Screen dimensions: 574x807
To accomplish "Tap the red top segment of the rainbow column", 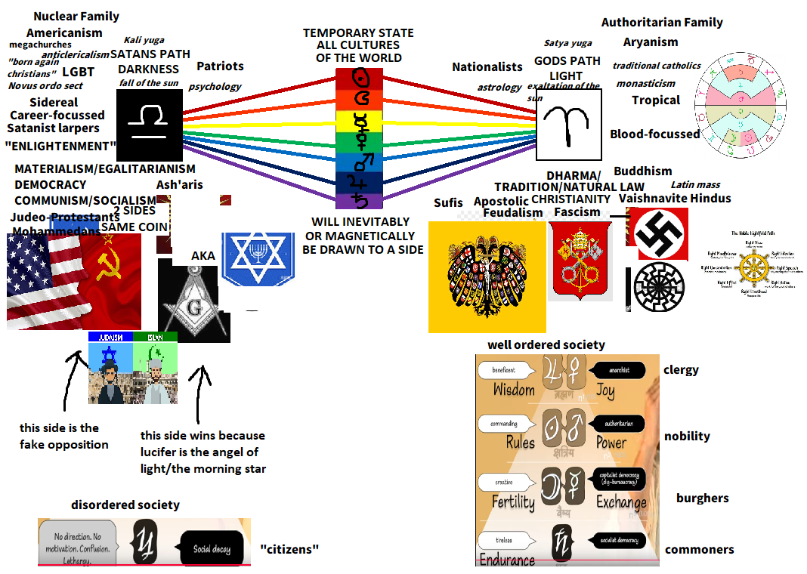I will pos(359,79).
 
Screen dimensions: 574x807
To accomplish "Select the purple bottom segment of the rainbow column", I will pos(359,200).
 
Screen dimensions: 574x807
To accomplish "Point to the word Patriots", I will pos(220,66).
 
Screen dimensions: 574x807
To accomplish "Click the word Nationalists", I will pos(487,67).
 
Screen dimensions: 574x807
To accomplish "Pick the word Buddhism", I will pos(642,171).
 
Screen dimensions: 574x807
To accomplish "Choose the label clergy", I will pos(681,370).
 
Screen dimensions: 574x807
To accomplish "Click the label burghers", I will pos(702,498).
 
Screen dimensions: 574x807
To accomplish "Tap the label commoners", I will pos(699,550).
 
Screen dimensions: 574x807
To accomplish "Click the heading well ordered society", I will pos(546,345).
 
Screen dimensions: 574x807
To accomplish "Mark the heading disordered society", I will pos(125,505).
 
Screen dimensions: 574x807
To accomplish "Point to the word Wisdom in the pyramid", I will pos(514,390).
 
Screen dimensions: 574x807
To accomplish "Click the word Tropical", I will pos(656,100).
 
